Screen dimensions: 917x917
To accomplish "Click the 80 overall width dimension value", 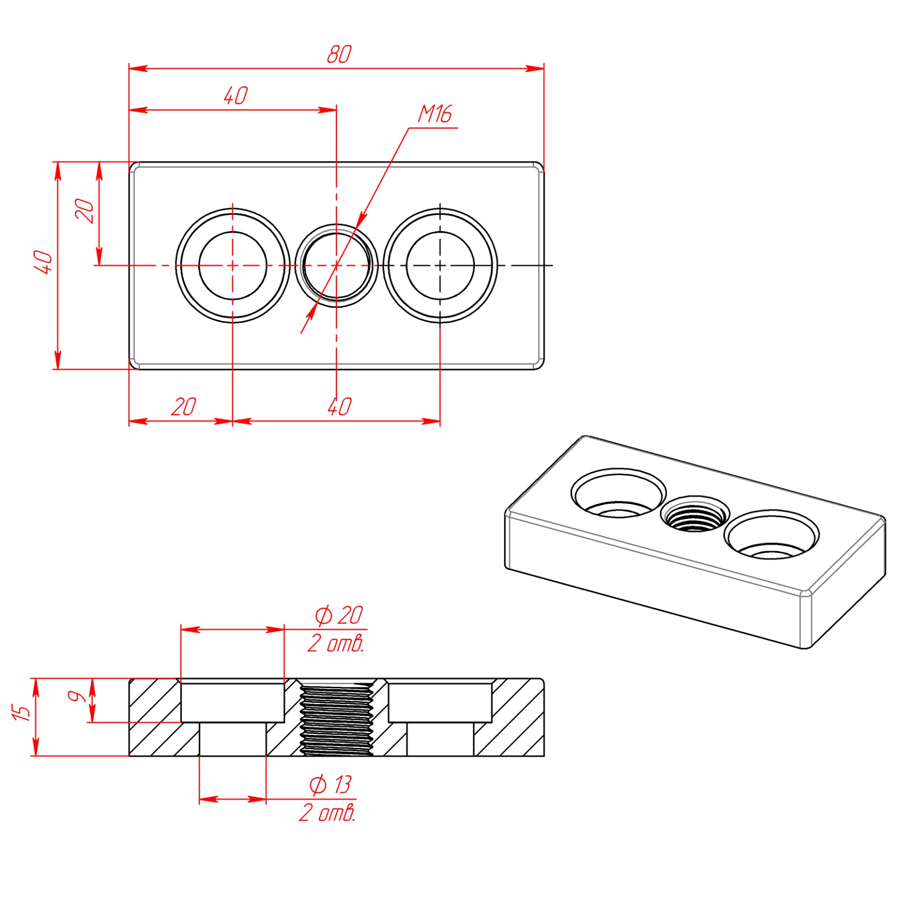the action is [339, 54].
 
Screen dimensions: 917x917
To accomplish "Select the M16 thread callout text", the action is [435, 114].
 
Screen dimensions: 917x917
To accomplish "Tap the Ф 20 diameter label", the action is [339, 615].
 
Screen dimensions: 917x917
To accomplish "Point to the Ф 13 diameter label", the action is [331, 784].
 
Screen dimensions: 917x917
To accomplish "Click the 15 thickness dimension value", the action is [22, 712].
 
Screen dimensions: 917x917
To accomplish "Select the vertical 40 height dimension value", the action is [43, 262].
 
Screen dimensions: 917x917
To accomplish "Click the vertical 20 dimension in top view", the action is [85, 211].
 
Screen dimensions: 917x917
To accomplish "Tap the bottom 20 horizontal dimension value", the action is [183, 407].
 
